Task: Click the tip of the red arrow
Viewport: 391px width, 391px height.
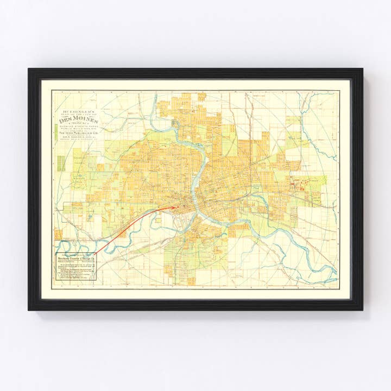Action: [178, 207]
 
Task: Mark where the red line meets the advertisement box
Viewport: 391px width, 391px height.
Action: [96, 253]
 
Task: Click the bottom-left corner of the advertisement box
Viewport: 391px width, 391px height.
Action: [56, 283]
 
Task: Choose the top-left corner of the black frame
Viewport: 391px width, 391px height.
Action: [29, 69]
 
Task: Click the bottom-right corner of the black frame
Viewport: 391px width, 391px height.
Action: [362, 310]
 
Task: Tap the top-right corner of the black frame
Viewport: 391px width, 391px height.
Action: [362, 69]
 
